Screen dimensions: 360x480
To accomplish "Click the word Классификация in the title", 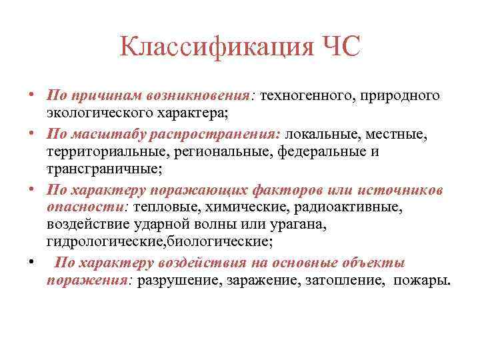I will point(207,48).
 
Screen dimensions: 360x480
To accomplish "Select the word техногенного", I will point(305,96).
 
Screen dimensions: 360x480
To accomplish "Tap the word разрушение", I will point(178,280).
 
